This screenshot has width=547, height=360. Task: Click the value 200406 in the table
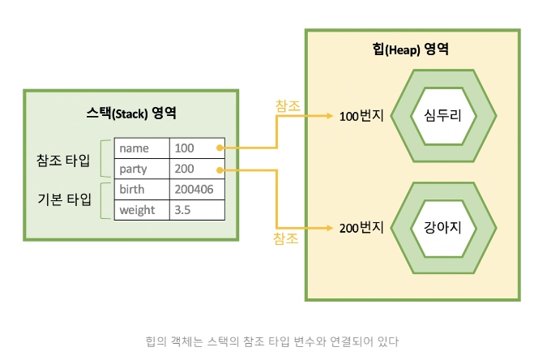pyautogui.click(x=194, y=189)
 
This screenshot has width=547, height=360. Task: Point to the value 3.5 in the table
pyautogui.click(x=182, y=210)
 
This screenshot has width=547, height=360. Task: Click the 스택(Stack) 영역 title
pyautogui.click(x=131, y=114)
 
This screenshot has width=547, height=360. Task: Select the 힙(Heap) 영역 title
pyautogui.click(x=410, y=49)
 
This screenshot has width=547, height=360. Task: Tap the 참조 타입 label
pyautogui.click(x=63, y=161)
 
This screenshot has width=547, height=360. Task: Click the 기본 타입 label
pyautogui.click(x=64, y=199)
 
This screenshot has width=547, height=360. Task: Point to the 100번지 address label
pyautogui.click(x=361, y=116)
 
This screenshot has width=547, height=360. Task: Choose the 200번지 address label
pyautogui.click(x=361, y=228)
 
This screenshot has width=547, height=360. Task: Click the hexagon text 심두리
pyautogui.click(x=442, y=115)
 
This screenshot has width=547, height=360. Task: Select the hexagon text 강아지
pyautogui.click(x=442, y=227)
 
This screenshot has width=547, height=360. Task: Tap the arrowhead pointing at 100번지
pyautogui.click(x=330, y=116)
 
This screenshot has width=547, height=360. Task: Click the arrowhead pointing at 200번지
pyautogui.click(x=330, y=228)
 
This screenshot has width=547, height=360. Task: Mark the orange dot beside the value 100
pyautogui.click(x=220, y=148)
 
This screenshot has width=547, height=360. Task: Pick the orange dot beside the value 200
pyautogui.click(x=220, y=170)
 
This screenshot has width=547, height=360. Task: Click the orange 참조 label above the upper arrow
pyautogui.click(x=288, y=105)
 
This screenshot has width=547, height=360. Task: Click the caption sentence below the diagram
pyautogui.click(x=272, y=341)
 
